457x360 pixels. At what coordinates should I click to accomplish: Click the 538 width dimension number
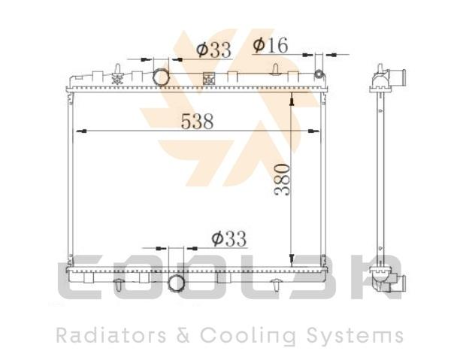[197, 121]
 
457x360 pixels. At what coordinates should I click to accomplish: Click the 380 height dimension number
[282, 180]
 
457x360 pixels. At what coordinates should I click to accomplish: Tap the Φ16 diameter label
[271, 45]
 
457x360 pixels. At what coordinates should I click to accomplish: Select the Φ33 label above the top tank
[213, 50]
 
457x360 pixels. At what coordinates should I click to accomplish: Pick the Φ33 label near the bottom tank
[229, 239]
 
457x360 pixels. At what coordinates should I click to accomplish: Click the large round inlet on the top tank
[161, 77]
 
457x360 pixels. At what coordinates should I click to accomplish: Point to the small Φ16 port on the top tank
[319, 74]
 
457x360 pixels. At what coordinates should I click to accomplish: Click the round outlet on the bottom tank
[176, 283]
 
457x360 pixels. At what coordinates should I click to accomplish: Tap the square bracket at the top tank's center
[209, 79]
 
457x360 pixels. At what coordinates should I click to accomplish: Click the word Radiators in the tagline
[111, 335]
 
